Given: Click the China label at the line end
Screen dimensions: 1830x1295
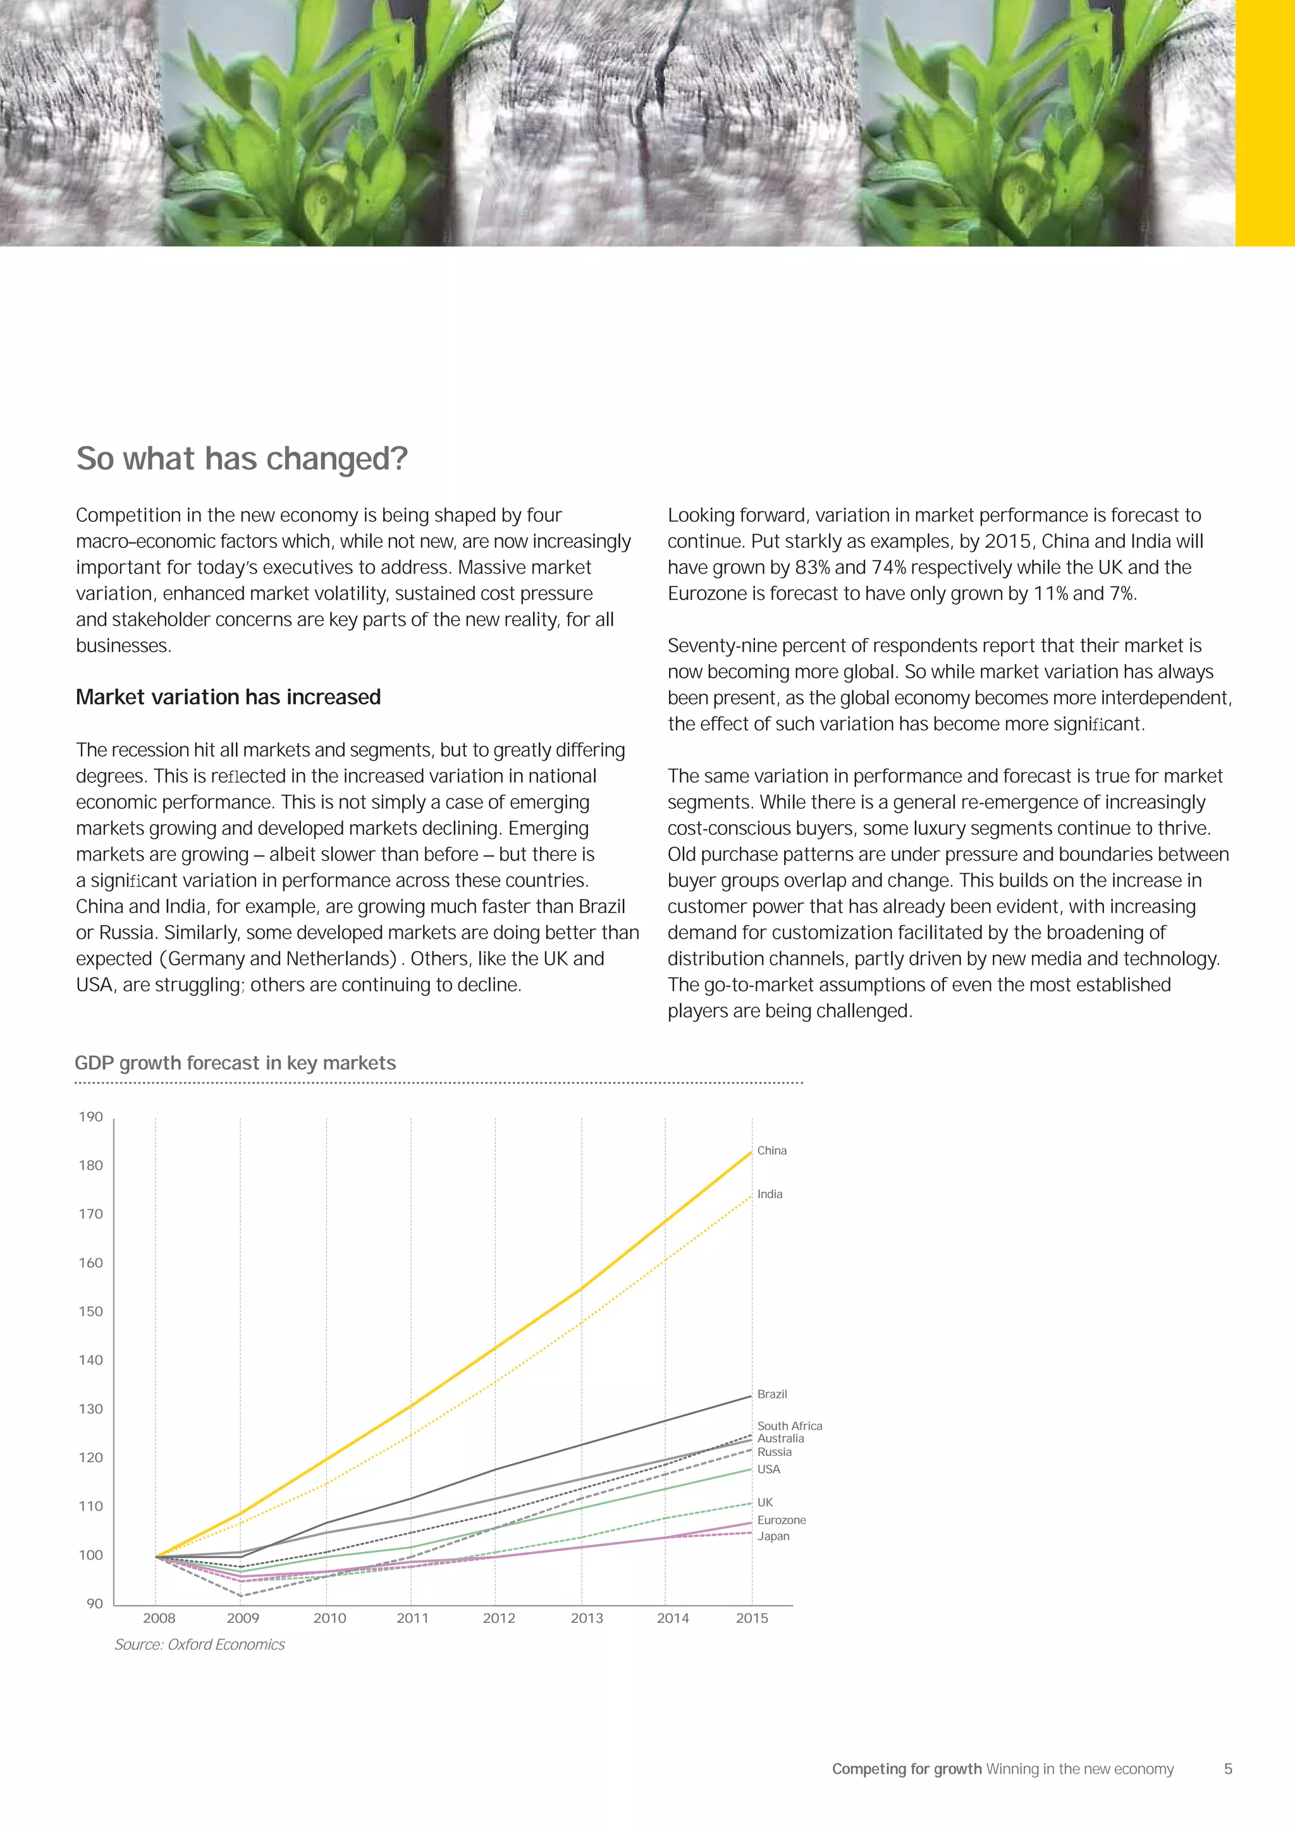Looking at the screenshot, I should coord(771,1150).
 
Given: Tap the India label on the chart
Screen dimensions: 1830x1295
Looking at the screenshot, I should coord(770,1194).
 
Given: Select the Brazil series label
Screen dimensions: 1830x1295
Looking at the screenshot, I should coord(772,1394).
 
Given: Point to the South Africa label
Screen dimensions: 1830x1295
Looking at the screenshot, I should coord(789,1426).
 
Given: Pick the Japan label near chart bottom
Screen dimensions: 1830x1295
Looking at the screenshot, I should coord(773,1536).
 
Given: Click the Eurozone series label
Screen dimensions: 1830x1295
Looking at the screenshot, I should coord(782,1520).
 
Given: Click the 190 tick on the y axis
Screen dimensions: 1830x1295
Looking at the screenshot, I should coord(91,1117).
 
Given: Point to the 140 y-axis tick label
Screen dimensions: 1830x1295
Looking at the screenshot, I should coord(91,1360).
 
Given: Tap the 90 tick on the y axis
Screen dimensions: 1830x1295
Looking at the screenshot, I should coord(95,1604).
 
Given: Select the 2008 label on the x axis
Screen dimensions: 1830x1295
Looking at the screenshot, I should coord(159,1618).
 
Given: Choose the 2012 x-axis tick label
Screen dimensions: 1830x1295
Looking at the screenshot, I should coord(498,1618).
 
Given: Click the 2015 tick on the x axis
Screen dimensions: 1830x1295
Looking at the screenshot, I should coord(752,1618).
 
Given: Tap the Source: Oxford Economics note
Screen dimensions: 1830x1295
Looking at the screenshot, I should coord(199,1644).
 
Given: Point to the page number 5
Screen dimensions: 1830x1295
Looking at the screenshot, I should coord(1228,1769).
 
